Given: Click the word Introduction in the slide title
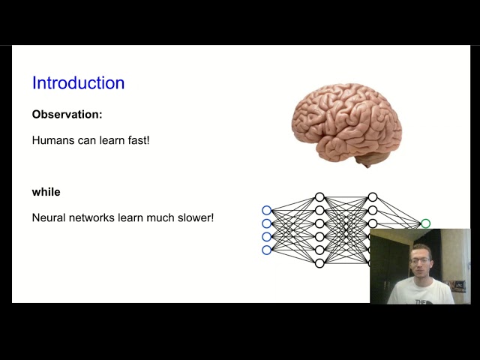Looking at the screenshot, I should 78,83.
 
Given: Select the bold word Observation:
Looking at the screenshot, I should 67,115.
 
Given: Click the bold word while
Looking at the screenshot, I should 46,192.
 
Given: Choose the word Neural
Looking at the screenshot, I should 49,217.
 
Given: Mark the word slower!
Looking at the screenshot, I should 195,217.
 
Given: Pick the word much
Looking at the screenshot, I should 160,217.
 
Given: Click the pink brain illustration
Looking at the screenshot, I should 346,120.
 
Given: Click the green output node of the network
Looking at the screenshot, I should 425,223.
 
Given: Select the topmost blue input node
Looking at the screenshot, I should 266,211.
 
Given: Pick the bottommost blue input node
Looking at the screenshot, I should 266,250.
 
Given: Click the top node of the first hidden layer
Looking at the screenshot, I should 319,197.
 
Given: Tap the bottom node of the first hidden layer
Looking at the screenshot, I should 319,263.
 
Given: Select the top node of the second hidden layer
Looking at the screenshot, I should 372,197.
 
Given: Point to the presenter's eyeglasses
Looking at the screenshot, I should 421,260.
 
